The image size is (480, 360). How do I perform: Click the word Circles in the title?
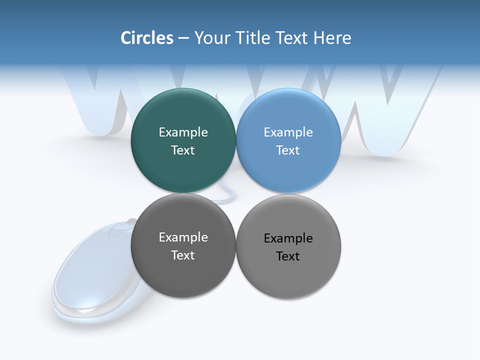(x=147, y=38)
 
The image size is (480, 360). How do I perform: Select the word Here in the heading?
(x=332, y=38)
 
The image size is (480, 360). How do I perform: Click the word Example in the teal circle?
(x=183, y=132)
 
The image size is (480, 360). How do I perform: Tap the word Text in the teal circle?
(x=183, y=150)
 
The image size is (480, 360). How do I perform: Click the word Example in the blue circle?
(x=288, y=132)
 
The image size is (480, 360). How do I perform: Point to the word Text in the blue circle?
(x=288, y=150)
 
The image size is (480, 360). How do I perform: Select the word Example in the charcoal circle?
(x=183, y=237)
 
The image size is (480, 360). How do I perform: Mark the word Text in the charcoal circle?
(x=183, y=255)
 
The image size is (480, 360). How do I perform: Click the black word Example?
(x=288, y=238)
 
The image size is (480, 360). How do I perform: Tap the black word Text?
(x=288, y=256)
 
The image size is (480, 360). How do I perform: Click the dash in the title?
(x=183, y=38)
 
